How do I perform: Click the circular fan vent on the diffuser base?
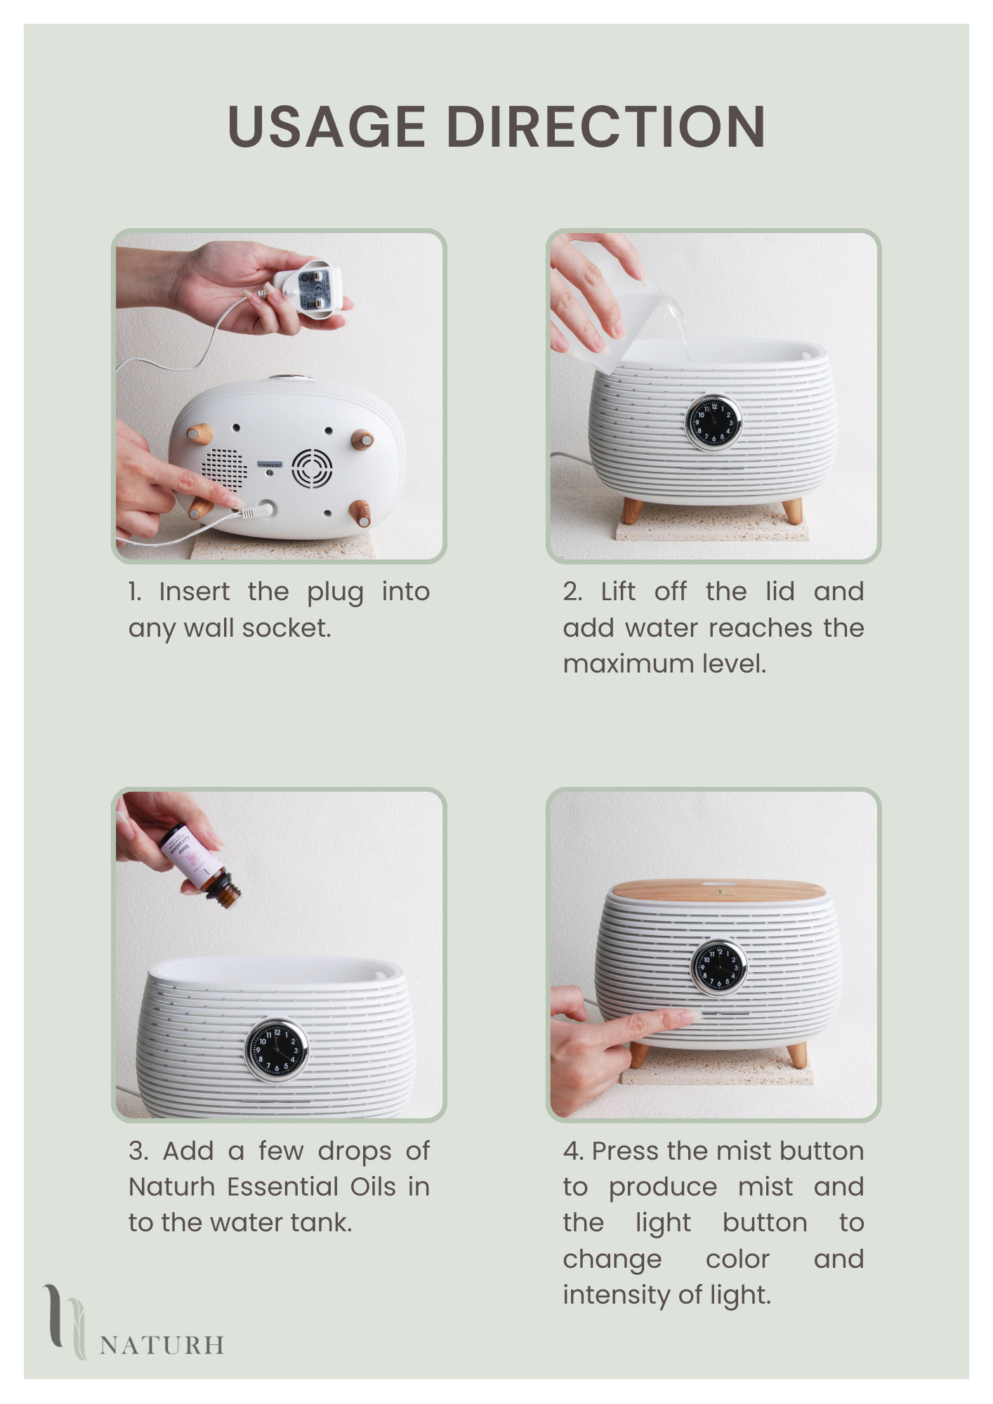pos(312,468)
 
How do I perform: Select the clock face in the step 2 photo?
pos(713,422)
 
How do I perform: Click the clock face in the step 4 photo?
pos(718,967)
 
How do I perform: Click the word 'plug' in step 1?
pos(335,592)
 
